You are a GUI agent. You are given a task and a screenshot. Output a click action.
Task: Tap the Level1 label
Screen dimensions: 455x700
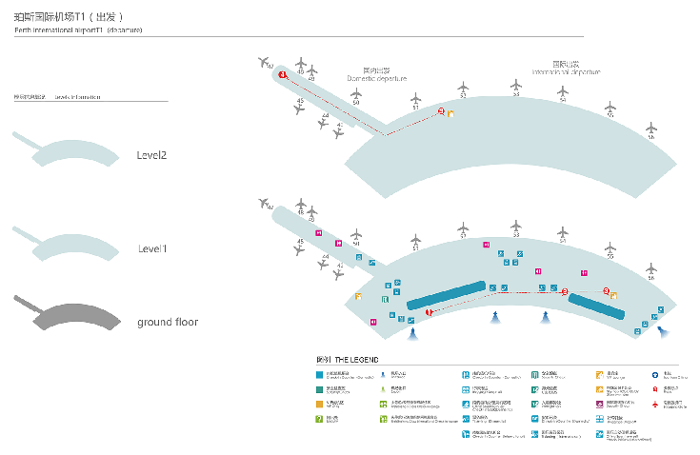[152, 248]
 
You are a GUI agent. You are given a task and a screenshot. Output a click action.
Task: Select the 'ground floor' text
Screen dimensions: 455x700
[167, 322]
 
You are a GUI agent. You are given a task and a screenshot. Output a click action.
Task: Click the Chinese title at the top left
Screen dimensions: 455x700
[68, 17]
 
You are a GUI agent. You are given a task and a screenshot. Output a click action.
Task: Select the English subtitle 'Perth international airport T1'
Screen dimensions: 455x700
[78, 30]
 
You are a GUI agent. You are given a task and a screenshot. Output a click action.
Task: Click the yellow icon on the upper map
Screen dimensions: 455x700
[450, 115]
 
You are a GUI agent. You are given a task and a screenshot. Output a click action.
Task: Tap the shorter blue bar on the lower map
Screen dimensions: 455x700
[597, 305]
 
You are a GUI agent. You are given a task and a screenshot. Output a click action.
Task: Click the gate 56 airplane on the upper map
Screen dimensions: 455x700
[652, 129]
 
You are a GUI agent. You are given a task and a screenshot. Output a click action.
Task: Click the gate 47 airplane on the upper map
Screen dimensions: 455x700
[265, 62]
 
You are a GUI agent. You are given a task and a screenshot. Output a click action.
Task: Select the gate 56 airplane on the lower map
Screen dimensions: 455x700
[652, 268]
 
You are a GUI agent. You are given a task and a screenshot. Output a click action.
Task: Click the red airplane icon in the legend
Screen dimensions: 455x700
[656, 404]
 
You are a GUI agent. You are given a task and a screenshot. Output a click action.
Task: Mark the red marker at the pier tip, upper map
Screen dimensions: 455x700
[282, 74]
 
